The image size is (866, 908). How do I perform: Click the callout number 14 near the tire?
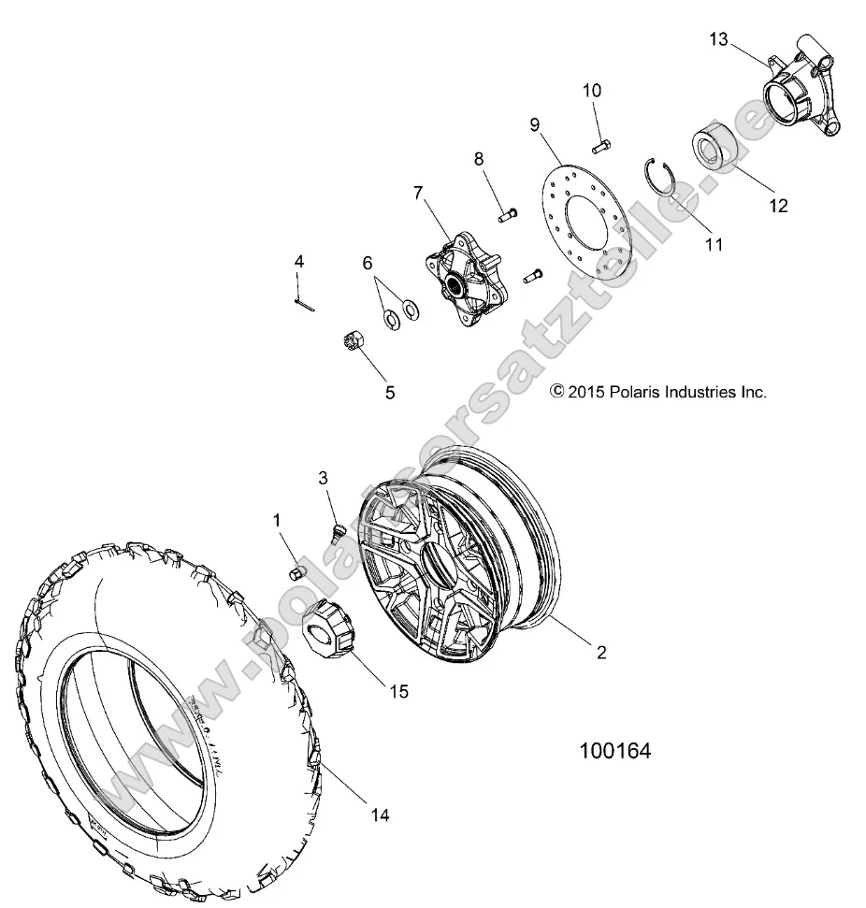coord(378,814)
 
